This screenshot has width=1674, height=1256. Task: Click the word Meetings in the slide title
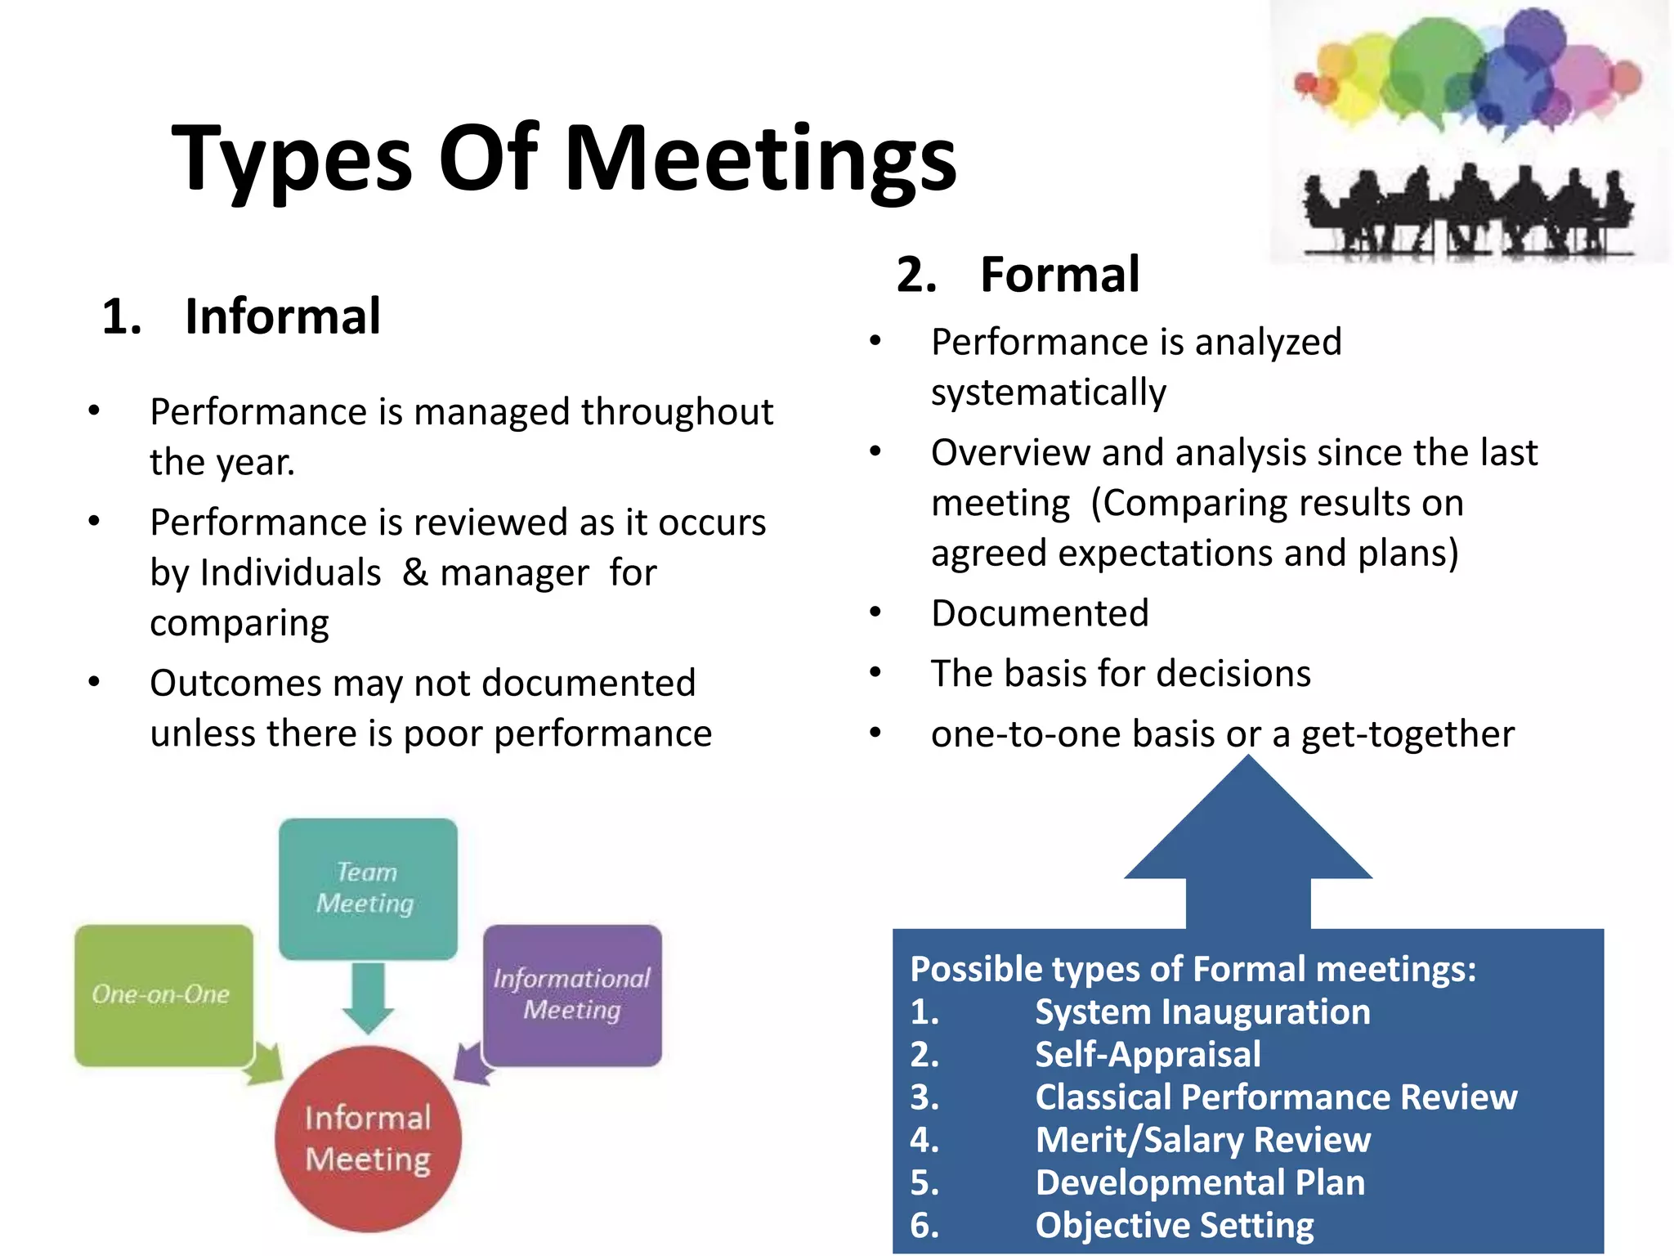click(760, 159)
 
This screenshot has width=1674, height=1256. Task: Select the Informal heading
click(282, 316)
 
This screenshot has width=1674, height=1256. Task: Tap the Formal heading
click(1059, 275)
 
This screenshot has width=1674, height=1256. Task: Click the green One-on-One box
click(163, 994)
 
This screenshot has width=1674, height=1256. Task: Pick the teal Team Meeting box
click(367, 888)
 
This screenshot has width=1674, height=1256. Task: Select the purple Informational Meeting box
click(572, 994)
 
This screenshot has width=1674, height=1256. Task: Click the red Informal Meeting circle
click(368, 1138)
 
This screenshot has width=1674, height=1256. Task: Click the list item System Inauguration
click(1202, 1012)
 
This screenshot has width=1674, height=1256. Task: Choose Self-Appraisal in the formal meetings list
click(1148, 1055)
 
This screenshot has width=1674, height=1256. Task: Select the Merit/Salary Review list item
click(1202, 1140)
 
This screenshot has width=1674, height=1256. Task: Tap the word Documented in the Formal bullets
click(1040, 613)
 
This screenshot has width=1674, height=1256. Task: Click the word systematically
click(1049, 393)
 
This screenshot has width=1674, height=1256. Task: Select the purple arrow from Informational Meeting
click(472, 1063)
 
